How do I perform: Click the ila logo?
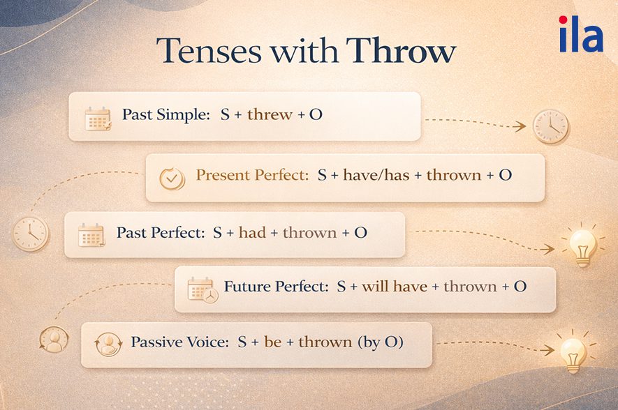[x=580, y=34]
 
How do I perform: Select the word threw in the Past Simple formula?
[x=269, y=115]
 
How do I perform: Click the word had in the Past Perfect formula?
[x=252, y=232]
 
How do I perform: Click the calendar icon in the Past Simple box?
[x=97, y=119]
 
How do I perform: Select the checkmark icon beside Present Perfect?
[x=171, y=179]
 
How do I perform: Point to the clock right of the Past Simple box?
[x=550, y=126]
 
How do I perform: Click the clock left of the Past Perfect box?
[x=31, y=233]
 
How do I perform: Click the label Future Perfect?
[x=276, y=287]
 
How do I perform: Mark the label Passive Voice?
[x=177, y=342]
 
